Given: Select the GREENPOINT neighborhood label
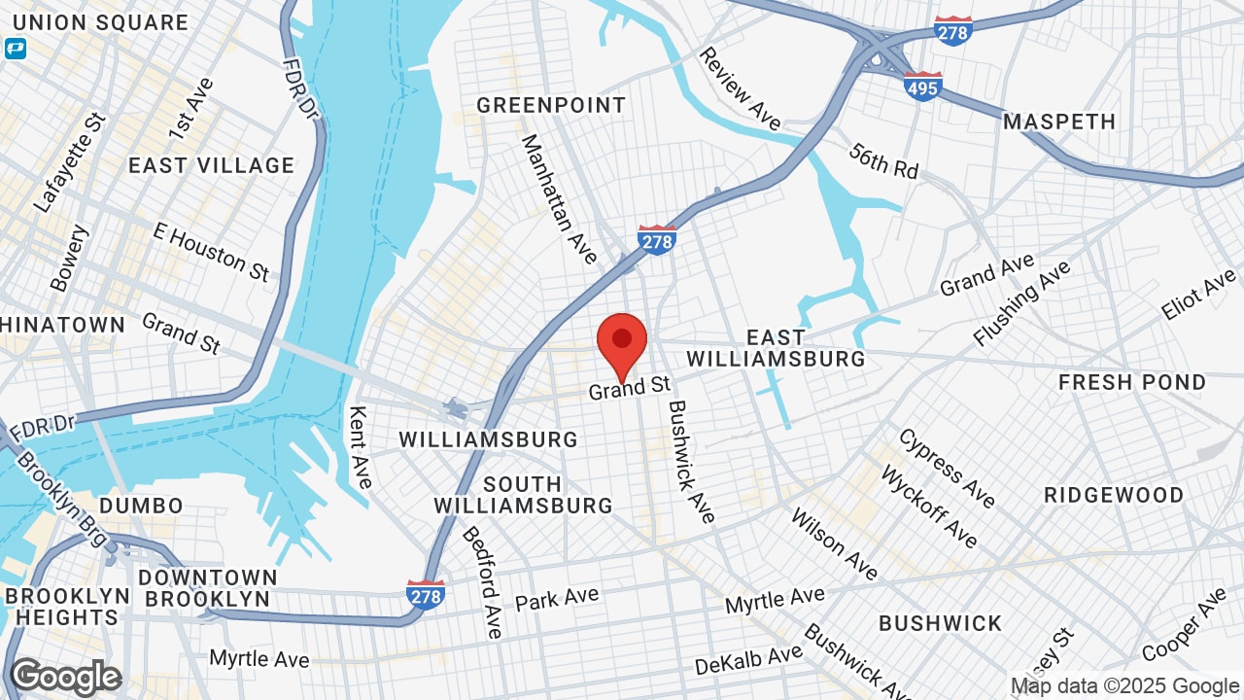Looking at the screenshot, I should pyautogui.click(x=550, y=105).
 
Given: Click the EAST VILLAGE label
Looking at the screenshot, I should pyautogui.click(x=211, y=165).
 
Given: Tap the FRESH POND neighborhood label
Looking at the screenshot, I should pyautogui.click(x=1132, y=382).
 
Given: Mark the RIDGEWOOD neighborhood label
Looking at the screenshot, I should pyautogui.click(x=1114, y=495).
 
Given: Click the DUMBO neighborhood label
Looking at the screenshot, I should pyautogui.click(x=141, y=506).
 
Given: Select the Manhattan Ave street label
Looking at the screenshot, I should pyautogui.click(x=560, y=198).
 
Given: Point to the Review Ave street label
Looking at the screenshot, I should pyautogui.click(x=740, y=88).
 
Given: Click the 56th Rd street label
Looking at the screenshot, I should pyautogui.click(x=883, y=160).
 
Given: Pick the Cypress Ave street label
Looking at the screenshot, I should pyautogui.click(x=947, y=468).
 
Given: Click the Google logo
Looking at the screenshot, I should pyautogui.click(x=65, y=677).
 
